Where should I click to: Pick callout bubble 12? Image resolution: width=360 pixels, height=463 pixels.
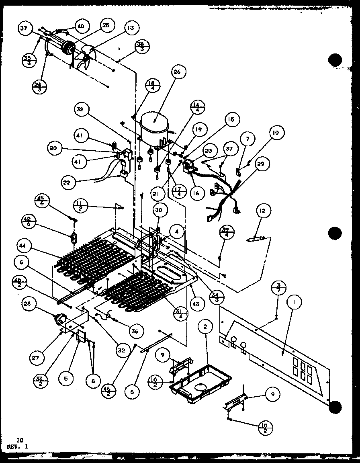264,211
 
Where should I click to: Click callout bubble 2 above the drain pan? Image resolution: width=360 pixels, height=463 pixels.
205,327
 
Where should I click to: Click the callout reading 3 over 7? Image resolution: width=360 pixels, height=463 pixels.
281,289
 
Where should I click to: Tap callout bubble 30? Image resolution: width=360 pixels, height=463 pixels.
160,210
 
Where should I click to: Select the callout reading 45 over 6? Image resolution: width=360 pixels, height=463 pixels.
42,201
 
